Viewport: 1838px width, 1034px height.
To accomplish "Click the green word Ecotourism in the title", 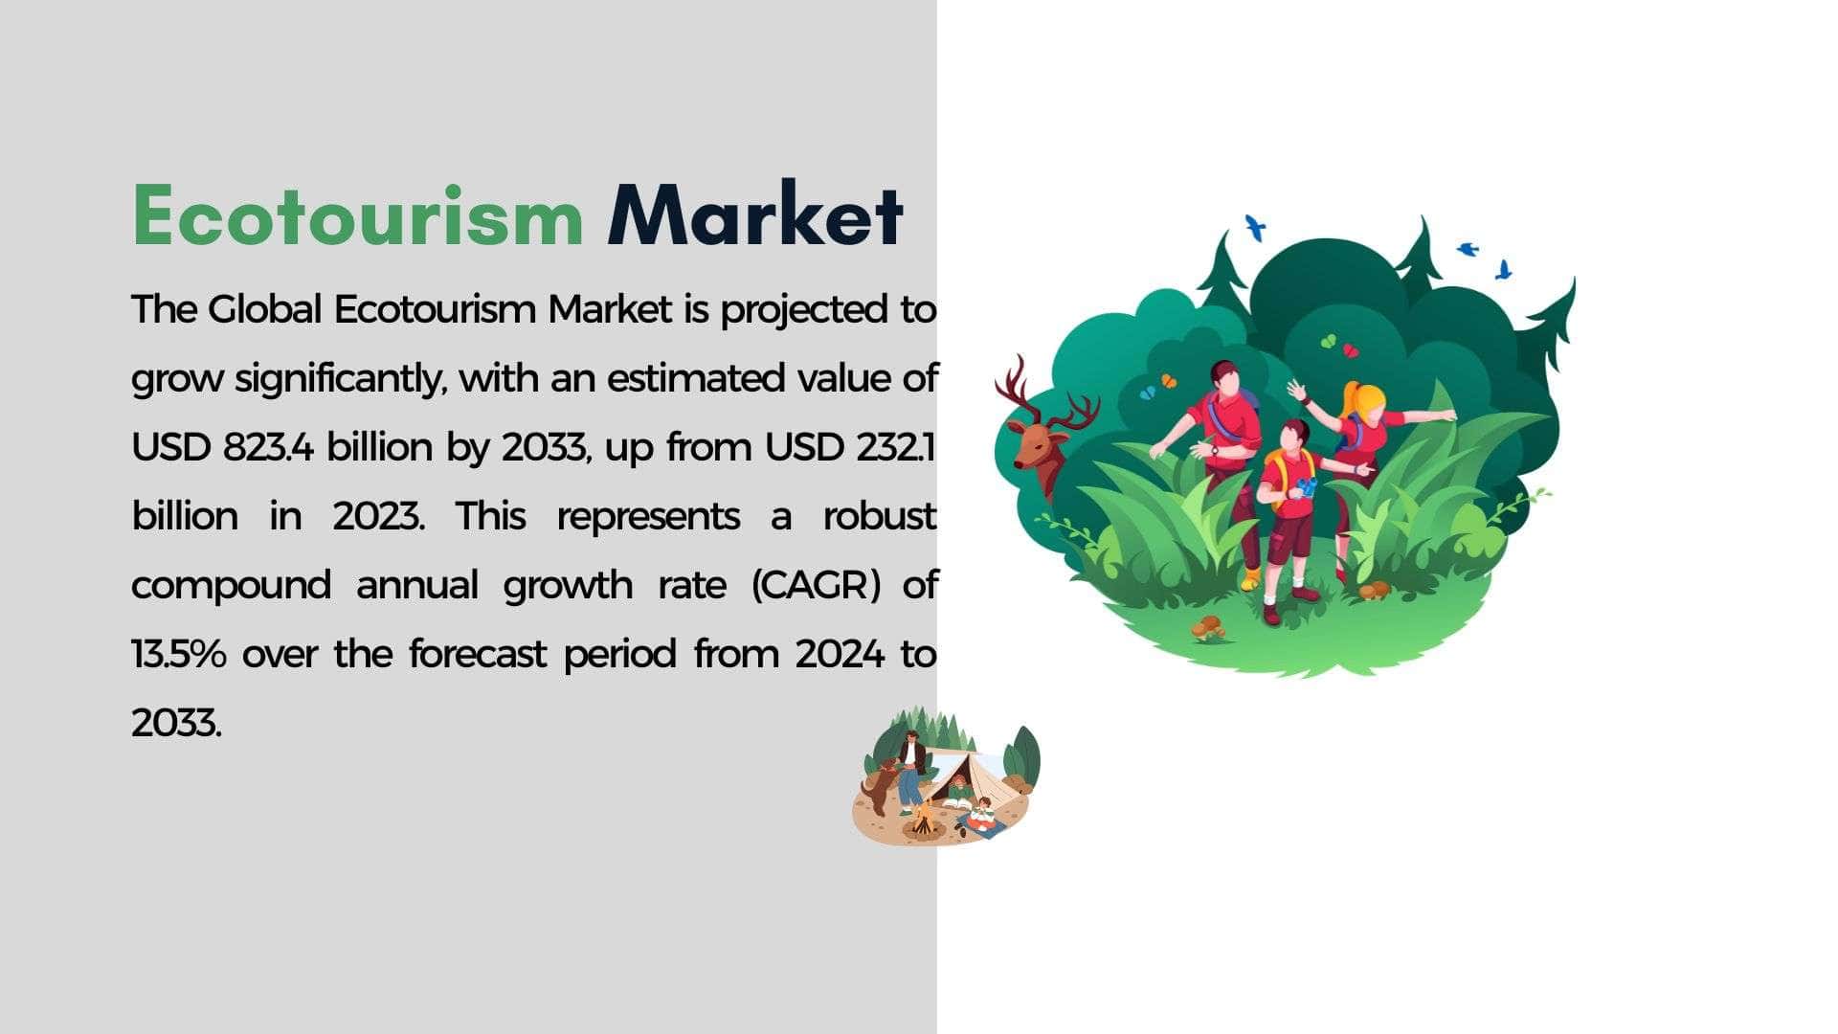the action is tap(357, 215).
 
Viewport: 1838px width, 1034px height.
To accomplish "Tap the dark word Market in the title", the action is tap(755, 214).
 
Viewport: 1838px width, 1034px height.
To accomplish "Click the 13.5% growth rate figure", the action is tap(179, 654).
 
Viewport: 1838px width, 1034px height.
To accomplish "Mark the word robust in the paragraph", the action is tap(879, 516).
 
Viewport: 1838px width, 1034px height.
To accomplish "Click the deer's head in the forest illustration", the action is tap(1039, 436).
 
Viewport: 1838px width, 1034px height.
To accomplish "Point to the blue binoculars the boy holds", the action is tap(1308, 487).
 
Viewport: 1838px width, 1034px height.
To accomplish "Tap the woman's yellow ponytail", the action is tap(1364, 397).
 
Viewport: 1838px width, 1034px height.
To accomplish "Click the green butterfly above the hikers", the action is tap(1328, 341).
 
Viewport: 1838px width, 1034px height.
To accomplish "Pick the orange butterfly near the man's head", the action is tap(1169, 380).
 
